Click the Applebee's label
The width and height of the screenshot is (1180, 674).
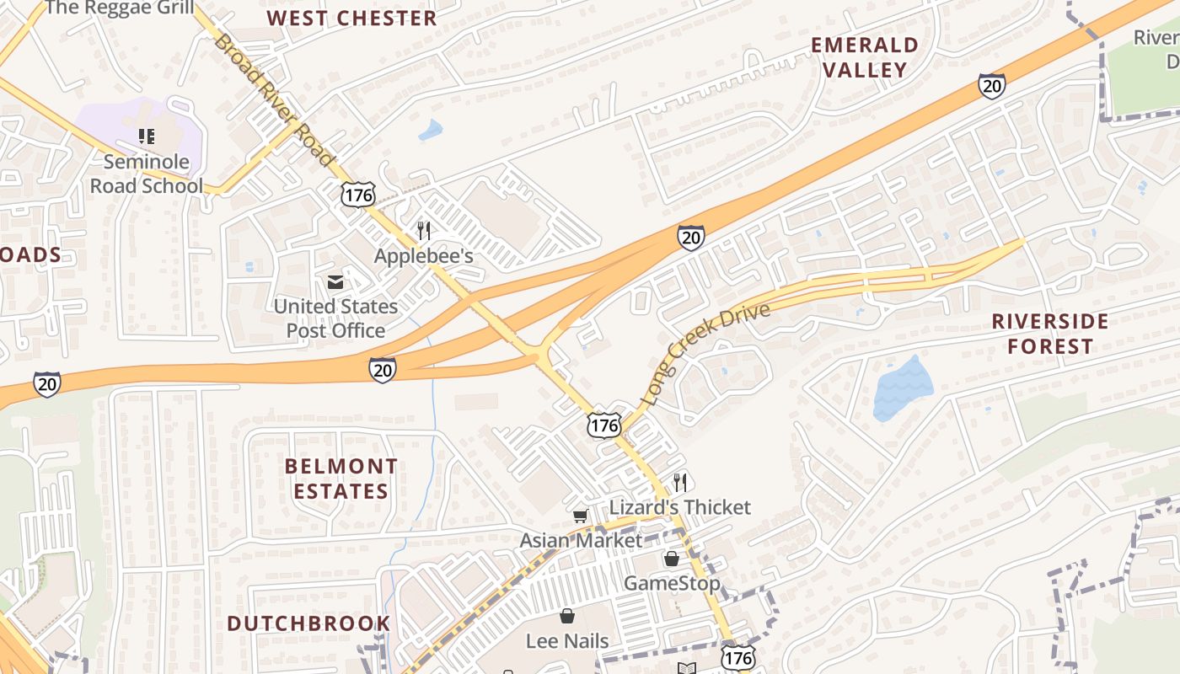[424, 256]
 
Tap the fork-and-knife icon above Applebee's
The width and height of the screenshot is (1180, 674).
[424, 230]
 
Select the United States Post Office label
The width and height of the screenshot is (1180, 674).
[335, 318]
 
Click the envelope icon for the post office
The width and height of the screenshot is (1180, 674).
[335, 282]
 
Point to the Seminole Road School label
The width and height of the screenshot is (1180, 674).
[147, 173]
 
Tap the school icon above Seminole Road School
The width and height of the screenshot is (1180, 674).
[147, 136]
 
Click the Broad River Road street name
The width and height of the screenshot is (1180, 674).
[273, 99]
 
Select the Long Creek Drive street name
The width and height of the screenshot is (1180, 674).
[705, 354]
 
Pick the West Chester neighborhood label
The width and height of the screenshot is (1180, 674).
[351, 19]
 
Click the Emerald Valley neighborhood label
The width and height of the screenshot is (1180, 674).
[865, 57]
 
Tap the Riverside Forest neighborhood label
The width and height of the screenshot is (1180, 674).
[1050, 334]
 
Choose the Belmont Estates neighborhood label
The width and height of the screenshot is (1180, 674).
[341, 479]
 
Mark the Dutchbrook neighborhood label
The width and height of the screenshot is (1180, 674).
[308, 623]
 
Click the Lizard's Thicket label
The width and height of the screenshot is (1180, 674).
[679, 507]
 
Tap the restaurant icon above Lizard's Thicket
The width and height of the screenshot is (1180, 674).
[680, 482]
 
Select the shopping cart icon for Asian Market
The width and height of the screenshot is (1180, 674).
[580, 516]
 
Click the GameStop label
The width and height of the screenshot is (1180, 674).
[672, 583]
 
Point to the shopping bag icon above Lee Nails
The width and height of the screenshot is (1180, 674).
[567, 616]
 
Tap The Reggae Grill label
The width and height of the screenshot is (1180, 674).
[120, 8]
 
